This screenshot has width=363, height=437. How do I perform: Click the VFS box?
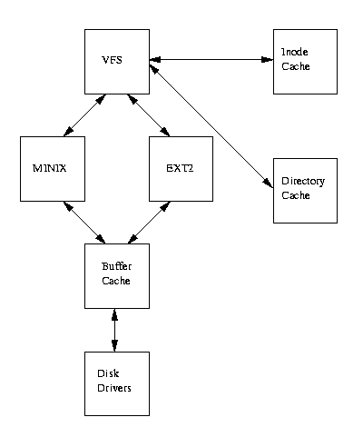(116, 61)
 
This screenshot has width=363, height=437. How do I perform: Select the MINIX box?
(52, 169)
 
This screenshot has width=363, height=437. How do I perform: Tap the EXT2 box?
(181, 169)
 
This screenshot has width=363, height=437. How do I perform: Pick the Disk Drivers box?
(116, 383)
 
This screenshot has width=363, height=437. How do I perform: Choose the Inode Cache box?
(305, 61)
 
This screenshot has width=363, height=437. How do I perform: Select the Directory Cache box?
(305, 190)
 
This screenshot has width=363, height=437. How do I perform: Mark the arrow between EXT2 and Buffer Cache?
(148, 223)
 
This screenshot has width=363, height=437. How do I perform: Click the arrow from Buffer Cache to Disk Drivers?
(115, 330)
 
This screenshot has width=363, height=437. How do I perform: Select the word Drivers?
(114, 388)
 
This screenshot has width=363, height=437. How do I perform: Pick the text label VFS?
(112, 59)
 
